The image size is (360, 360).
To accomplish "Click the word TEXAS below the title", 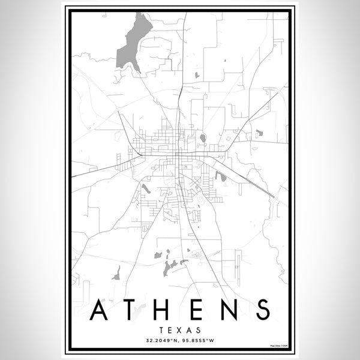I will click(180, 329).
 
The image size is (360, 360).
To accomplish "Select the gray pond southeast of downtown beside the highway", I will click(218, 177).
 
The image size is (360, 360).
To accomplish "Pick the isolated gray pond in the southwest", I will click(118, 272).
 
